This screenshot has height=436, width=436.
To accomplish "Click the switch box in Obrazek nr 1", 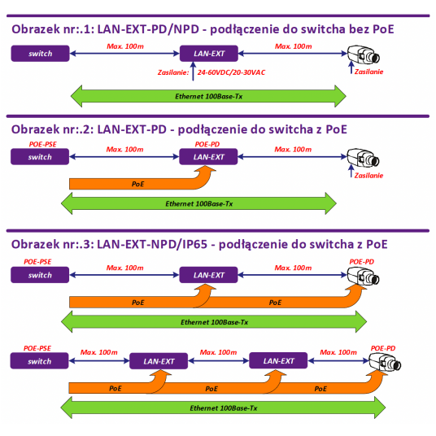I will pyautogui.click(x=40, y=54).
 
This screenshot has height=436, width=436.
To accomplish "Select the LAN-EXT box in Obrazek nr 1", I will pyautogui.click(x=208, y=54).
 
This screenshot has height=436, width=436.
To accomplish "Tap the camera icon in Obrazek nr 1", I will pyautogui.click(x=363, y=54).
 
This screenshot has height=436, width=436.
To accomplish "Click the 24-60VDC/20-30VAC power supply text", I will pyautogui.click(x=230, y=72).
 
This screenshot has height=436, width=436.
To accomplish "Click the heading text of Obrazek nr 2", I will pyautogui.click(x=179, y=129).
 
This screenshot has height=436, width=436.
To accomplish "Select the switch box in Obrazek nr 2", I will pyautogui.click(x=40, y=156).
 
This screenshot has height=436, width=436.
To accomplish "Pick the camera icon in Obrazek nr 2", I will pyautogui.click(x=363, y=156).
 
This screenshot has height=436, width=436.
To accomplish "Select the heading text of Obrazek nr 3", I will pyautogui.click(x=199, y=244).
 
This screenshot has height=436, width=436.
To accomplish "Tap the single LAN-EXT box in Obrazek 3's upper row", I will pyautogui.click(x=208, y=275).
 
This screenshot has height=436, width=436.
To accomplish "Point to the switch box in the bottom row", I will pyautogui.click(x=40, y=360).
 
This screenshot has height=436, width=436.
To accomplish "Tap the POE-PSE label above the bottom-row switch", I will pyautogui.click(x=40, y=347).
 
